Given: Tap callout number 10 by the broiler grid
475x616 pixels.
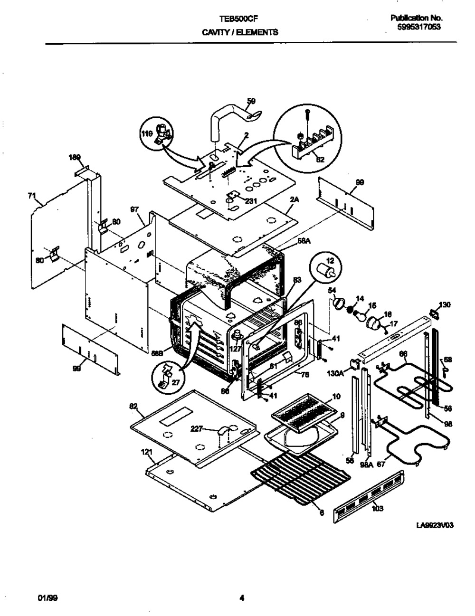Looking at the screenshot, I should point(336,396).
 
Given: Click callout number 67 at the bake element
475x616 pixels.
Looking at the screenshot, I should point(381,465).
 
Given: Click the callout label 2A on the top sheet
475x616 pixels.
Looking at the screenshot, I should point(294,200).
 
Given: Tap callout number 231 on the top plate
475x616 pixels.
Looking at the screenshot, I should point(250,201).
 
